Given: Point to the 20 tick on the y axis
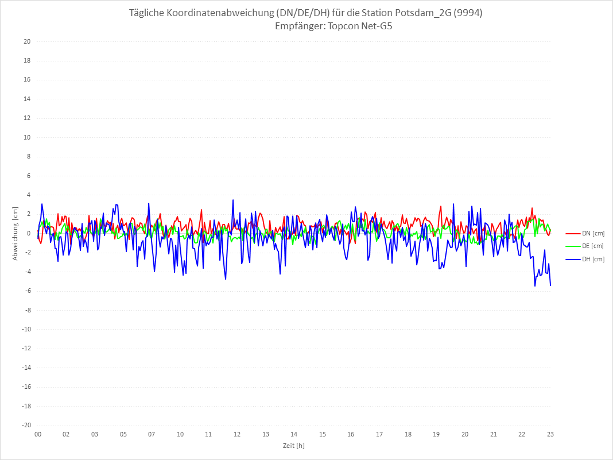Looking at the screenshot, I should [x=26, y=41].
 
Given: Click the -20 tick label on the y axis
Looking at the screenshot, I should [x=25, y=426].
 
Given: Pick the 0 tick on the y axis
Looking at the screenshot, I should [x=28, y=233].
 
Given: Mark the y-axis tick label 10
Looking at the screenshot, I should [x=26, y=137].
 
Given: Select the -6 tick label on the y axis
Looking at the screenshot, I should [x=26, y=291].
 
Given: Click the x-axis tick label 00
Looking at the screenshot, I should [x=38, y=434].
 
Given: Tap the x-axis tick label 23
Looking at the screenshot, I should [x=550, y=434].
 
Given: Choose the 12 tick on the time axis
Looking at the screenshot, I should [x=236, y=434].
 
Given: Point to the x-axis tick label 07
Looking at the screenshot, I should [x=152, y=434].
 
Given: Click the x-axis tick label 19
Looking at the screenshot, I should [x=436, y=434].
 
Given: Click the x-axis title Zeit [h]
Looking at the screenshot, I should [x=293, y=445].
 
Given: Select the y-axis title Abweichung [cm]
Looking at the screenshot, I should [x=15, y=234].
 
